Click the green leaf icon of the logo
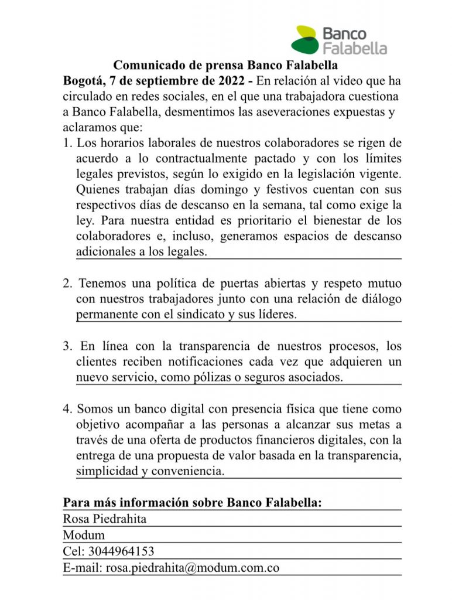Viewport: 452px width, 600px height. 305,39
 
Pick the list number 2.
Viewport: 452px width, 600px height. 67,283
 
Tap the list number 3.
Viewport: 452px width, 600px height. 67,346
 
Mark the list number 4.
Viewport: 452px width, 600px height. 67,409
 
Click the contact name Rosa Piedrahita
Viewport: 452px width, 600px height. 105,519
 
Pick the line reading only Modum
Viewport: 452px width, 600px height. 84,535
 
